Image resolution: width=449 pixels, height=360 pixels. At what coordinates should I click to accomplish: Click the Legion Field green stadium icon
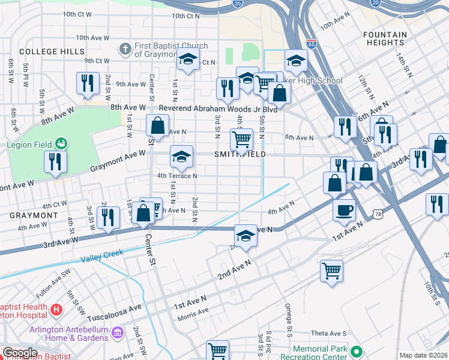(61, 143)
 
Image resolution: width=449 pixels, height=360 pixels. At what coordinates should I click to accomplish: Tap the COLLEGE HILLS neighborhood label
(52, 52)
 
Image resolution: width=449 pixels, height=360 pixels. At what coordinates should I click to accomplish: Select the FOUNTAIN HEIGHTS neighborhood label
(384, 39)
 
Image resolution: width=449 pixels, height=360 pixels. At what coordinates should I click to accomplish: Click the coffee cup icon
(344, 210)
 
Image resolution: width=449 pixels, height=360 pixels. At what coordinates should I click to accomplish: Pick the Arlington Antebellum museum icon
(117, 332)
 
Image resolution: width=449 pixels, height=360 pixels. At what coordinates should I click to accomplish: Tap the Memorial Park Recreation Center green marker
(357, 351)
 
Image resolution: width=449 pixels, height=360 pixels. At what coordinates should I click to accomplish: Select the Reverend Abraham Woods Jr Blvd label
(218, 109)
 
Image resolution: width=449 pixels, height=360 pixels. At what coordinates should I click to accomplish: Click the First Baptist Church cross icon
(125, 47)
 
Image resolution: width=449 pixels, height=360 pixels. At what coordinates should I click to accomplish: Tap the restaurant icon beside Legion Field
(55, 162)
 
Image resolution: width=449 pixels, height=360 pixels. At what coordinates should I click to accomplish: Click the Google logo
(20, 353)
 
